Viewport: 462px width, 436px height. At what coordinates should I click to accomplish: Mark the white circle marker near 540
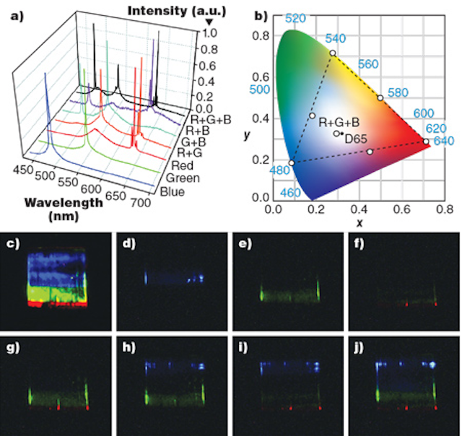tap(333, 53)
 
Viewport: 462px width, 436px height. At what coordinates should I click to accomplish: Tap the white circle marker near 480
tap(292, 163)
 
